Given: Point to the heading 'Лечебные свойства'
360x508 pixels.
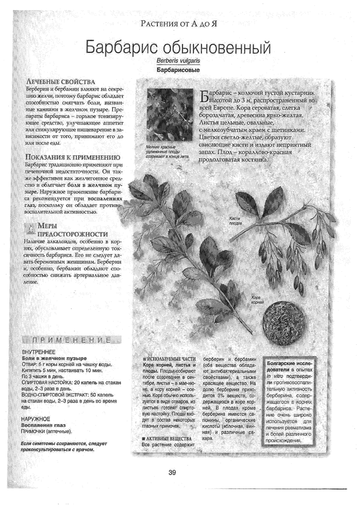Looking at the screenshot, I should pos(60,82).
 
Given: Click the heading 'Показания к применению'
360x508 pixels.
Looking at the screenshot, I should pos(73,157).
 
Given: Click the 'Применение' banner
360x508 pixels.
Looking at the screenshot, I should pos(72,339).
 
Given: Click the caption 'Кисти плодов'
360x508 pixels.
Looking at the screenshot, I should pos(235,221).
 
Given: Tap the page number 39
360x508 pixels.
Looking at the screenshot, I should pos(172,473).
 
